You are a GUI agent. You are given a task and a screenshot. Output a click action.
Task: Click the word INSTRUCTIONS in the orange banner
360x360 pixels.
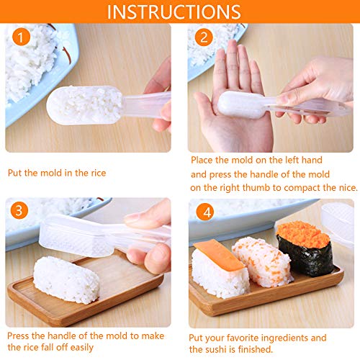[x=174, y=12]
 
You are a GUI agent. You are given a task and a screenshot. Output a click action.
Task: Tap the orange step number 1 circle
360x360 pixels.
[x=21, y=37]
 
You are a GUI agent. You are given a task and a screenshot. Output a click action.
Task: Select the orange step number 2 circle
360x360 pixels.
[x=204, y=37]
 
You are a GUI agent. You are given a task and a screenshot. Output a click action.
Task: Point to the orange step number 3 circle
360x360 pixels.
[x=19, y=210]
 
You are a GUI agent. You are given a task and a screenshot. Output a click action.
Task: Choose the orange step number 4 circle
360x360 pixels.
[x=205, y=212]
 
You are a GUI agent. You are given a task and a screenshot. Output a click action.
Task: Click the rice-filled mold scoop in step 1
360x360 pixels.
[x=84, y=105]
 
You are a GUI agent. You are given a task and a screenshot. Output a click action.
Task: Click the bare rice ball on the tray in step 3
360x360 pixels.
[x=66, y=279]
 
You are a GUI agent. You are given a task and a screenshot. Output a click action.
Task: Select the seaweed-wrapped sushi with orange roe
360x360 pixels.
[x=305, y=248]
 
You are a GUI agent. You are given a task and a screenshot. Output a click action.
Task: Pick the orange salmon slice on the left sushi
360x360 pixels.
[x=219, y=255]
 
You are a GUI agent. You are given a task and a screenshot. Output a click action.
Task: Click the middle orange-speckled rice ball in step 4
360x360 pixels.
[x=262, y=262]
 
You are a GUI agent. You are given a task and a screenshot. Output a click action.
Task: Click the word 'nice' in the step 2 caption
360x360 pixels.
[x=348, y=188]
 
